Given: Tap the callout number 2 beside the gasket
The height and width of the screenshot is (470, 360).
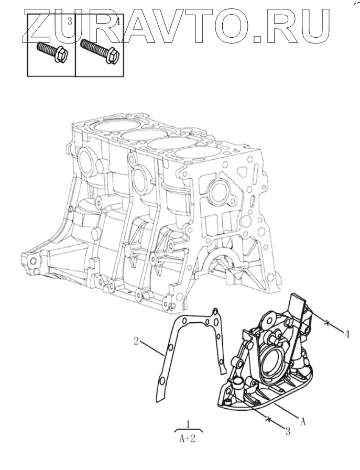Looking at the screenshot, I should point(136,342).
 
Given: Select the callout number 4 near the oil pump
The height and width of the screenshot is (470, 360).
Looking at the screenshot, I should point(346,333).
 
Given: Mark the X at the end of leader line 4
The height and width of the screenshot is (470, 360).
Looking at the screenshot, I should point(328,323).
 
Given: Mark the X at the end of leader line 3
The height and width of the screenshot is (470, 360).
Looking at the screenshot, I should point(269,418).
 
